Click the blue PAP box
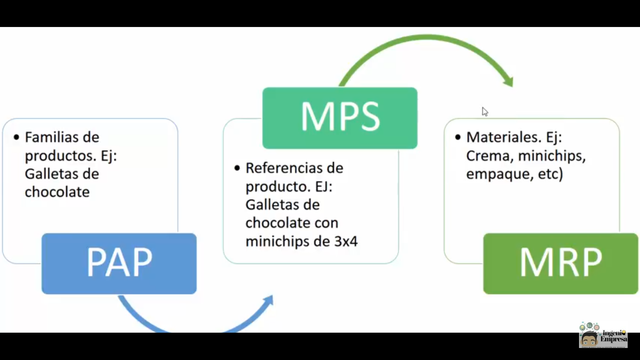click(119, 262)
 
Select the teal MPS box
click(339, 118)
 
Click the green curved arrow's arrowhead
click(507, 78)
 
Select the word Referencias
click(286, 168)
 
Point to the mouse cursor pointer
click(485, 112)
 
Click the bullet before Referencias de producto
click(237, 168)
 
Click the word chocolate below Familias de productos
click(59, 193)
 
